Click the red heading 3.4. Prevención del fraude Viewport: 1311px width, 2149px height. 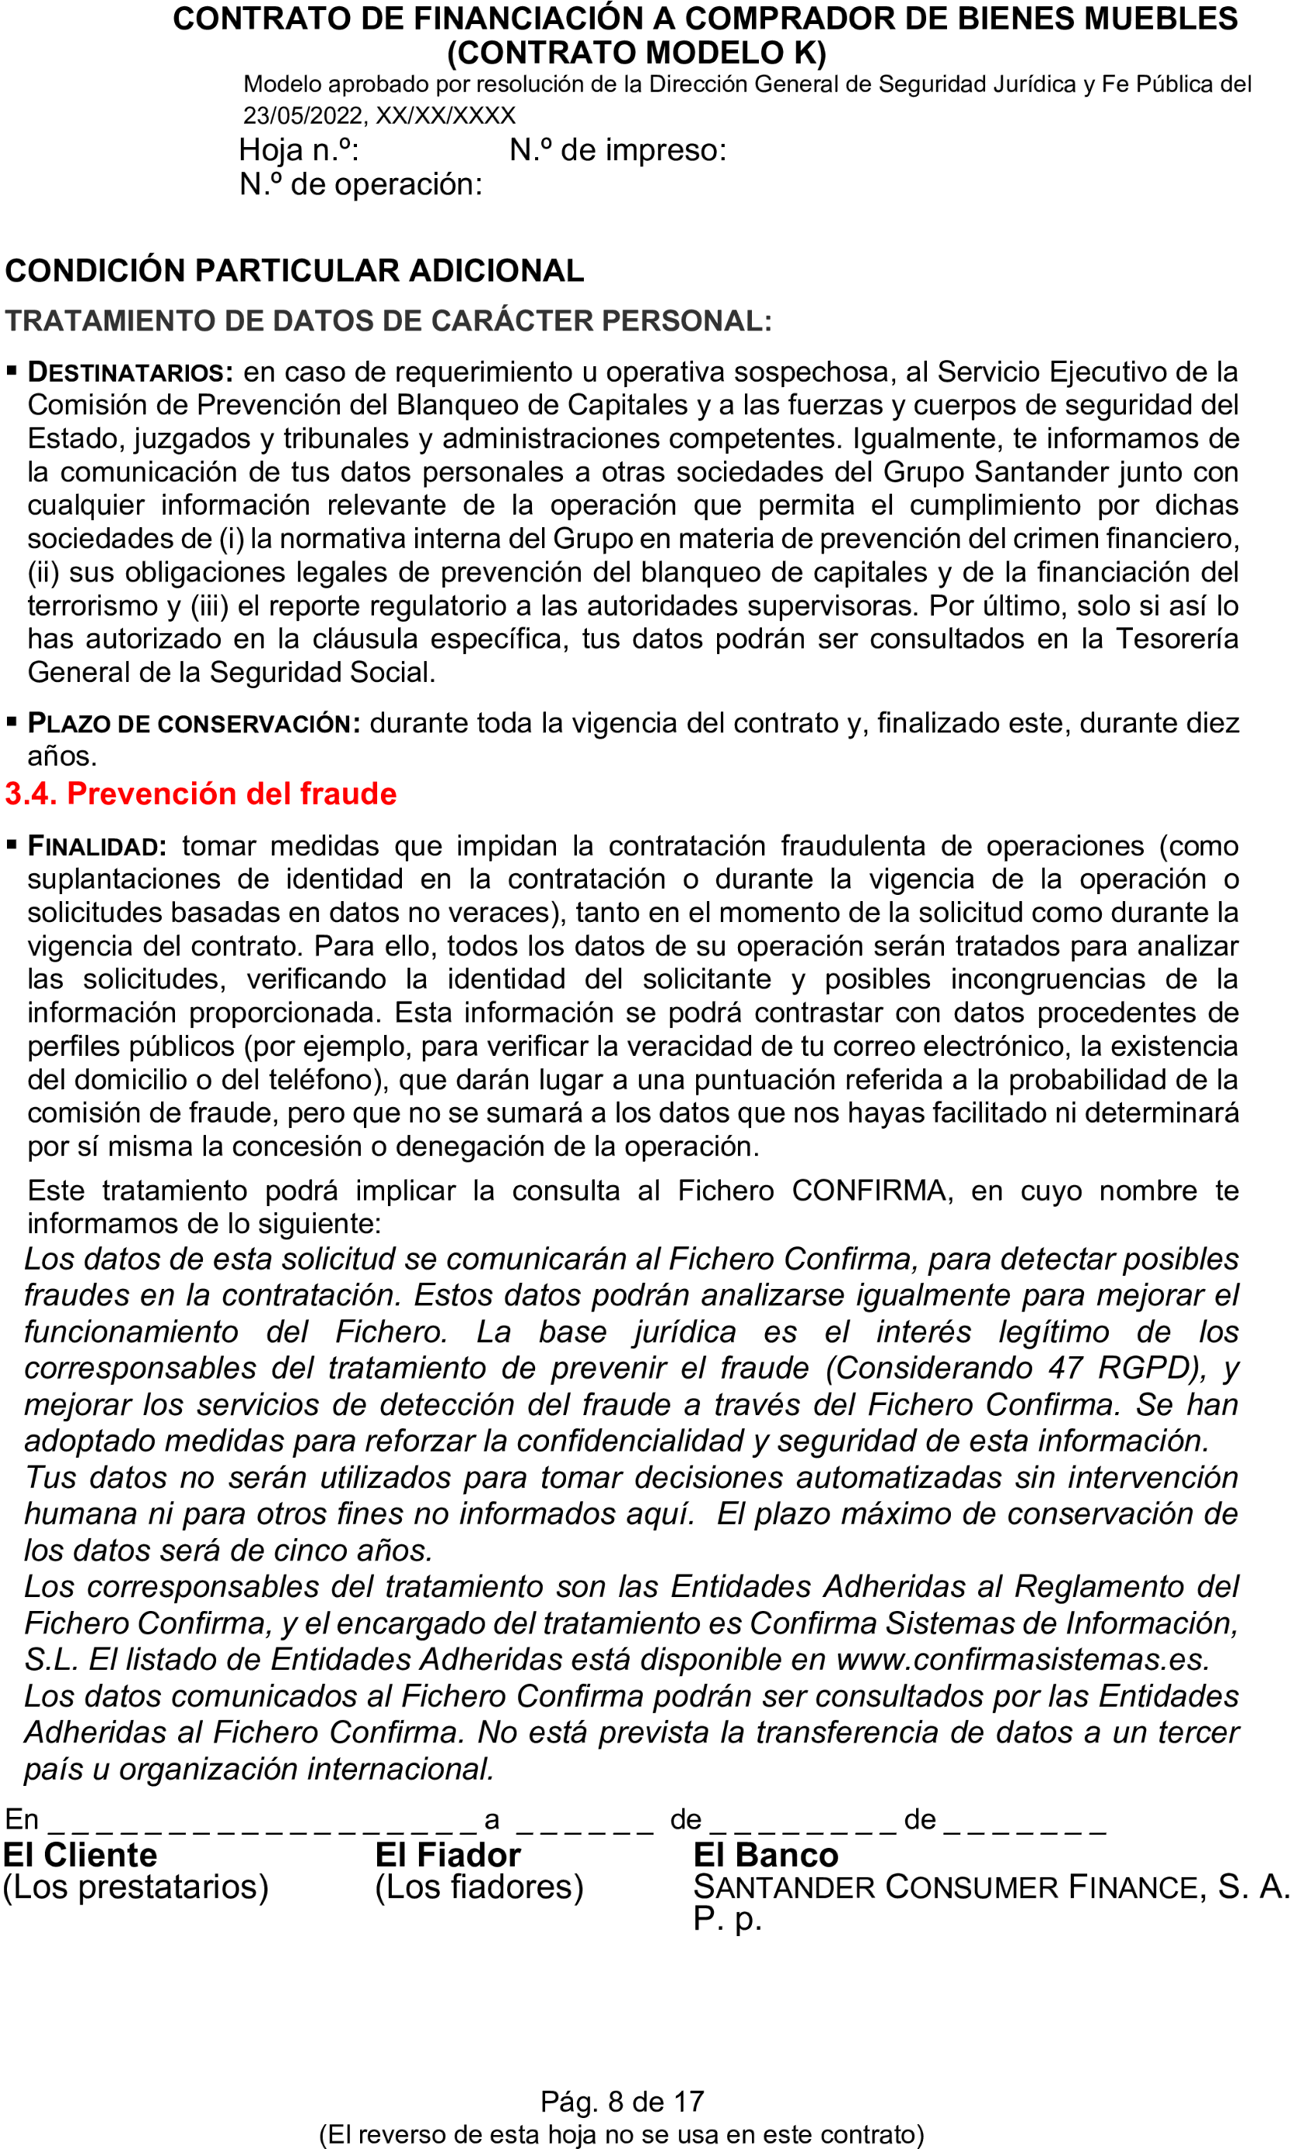pos(201,793)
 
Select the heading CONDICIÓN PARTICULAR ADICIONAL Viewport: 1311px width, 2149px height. pos(294,271)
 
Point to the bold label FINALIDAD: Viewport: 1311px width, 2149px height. pos(97,846)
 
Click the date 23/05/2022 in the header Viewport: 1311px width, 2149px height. pos(303,116)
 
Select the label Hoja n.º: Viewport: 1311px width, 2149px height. pos(299,151)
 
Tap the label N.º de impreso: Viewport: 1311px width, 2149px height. pos(618,151)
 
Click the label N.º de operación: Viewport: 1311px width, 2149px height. pos(360,185)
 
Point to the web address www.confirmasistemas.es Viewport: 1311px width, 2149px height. pos(1022,1659)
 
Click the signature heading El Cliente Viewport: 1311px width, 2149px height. pos(81,1854)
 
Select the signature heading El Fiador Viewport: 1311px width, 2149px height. pos(448,1854)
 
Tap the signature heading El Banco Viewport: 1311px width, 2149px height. pos(766,1854)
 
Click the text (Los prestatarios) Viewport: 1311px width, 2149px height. pos(136,1887)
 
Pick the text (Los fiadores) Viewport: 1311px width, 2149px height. pos(479,1887)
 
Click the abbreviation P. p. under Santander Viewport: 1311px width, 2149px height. pos(727,1919)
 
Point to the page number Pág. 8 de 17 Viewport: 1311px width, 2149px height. pos(622,2102)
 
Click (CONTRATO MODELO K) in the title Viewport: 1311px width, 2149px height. pos(636,53)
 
